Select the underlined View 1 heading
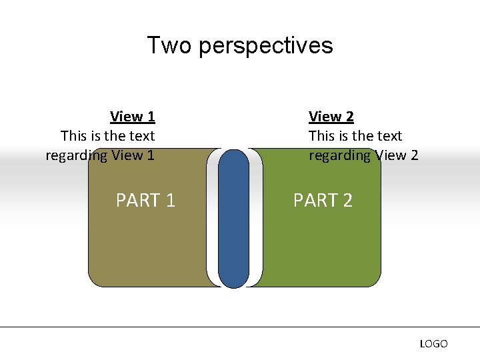point(132,117)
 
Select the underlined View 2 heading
point(331,117)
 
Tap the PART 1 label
point(145,200)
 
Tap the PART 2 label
point(323,200)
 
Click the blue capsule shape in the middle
point(233,220)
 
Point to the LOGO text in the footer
point(433,344)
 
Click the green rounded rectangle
point(320,247)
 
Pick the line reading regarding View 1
point(100,155)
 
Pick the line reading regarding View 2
point(363,155)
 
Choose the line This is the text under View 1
point(107,136)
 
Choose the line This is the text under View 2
point(355,136)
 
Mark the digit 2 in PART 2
point(347,200)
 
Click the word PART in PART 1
point(137,200)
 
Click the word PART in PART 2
point(314,200)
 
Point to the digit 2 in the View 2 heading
point(349,117)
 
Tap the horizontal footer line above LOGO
point(240,327)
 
